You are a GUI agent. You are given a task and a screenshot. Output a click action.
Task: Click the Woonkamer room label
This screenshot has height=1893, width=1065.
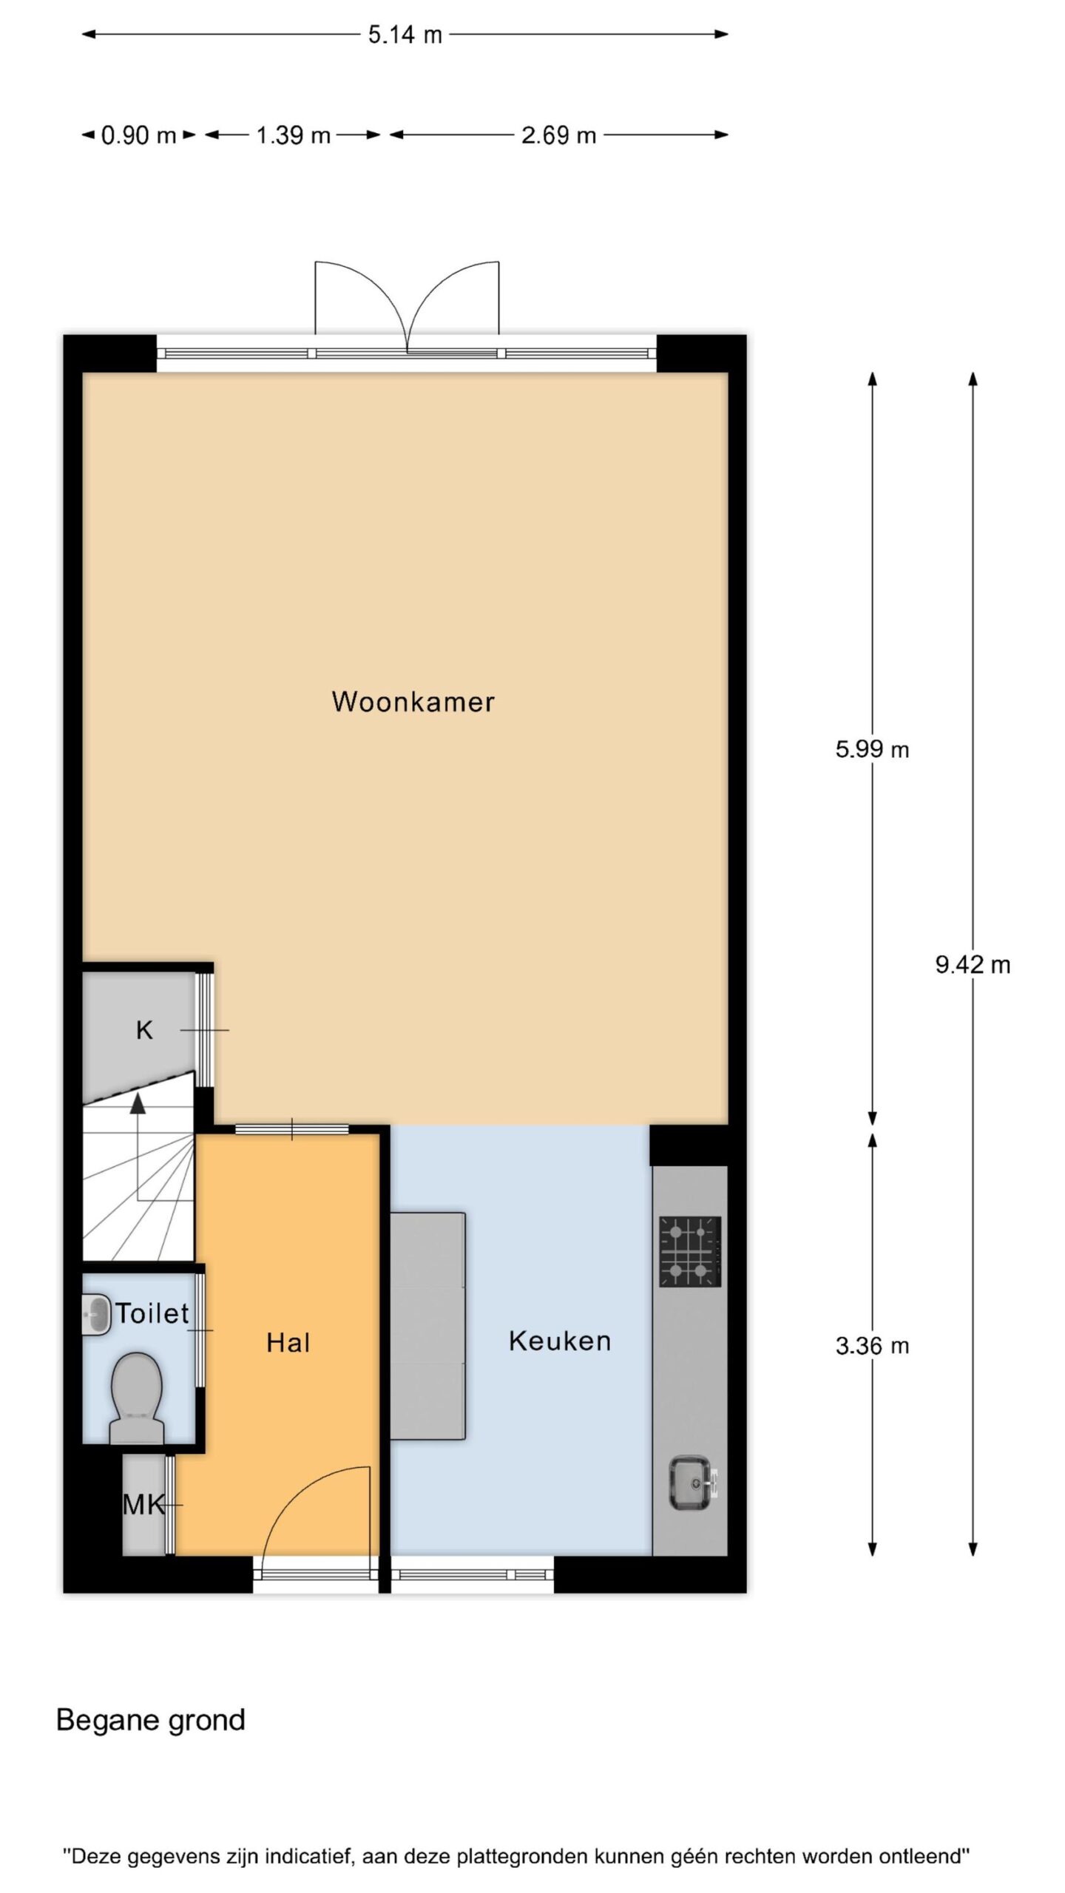coord(413,701)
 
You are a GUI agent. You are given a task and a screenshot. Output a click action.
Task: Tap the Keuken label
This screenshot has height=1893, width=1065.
coord(560,1341)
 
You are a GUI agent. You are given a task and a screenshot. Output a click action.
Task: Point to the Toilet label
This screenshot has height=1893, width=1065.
coord(152,1313)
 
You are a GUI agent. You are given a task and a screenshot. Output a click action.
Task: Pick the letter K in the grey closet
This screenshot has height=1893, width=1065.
coord(144,1030)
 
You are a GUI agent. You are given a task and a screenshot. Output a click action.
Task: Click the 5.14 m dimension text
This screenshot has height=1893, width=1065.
coord(405,35)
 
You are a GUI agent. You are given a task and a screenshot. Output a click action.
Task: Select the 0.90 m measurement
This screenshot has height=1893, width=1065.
coord(138,135)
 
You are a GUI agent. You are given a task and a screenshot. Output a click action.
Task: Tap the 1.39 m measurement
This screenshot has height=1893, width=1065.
coord(293,135)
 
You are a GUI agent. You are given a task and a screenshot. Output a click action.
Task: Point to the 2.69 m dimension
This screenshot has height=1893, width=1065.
coord(558,135)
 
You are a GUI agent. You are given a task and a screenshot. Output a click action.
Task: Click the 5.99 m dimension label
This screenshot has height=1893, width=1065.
coord(872,750)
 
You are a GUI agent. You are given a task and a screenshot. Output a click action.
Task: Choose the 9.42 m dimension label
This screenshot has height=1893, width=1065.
coord(973,964)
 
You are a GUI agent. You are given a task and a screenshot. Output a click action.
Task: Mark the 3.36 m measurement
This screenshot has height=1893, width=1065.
coord(872,1346)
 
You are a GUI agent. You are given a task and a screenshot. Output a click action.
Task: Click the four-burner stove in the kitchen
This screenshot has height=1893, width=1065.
coord(690,1252)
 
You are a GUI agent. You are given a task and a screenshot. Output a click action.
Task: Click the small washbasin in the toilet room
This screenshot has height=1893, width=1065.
coord(95,1314)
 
